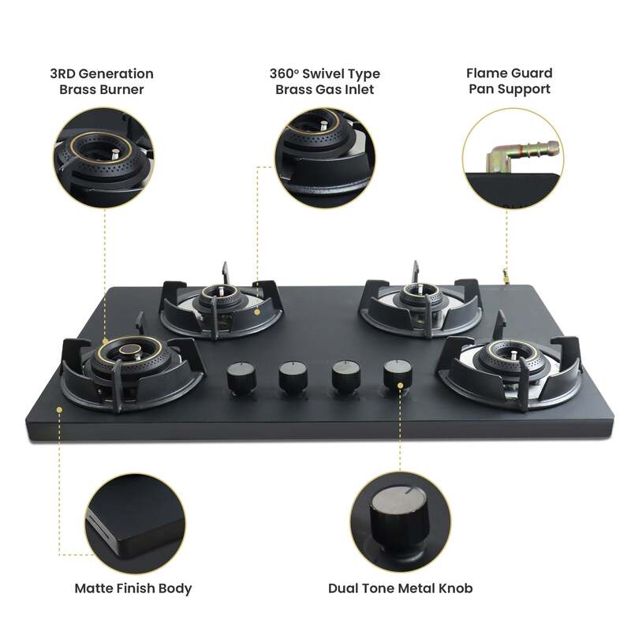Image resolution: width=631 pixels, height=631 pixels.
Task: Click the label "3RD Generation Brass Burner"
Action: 106,81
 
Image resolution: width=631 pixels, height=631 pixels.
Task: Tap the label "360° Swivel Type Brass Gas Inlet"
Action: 325,81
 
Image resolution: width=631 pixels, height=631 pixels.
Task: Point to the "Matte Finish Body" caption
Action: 133,588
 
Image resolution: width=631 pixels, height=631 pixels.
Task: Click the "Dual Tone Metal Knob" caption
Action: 401,588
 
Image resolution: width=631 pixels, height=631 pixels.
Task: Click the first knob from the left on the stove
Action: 241,378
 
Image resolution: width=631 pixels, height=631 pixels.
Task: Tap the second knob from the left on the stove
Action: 292,377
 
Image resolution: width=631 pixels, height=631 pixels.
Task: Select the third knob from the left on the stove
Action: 344,376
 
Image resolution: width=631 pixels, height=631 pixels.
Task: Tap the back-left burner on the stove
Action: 222,298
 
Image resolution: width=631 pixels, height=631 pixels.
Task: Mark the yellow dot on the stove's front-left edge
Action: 59,409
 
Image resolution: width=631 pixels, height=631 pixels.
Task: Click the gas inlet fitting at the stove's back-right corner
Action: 502,276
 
